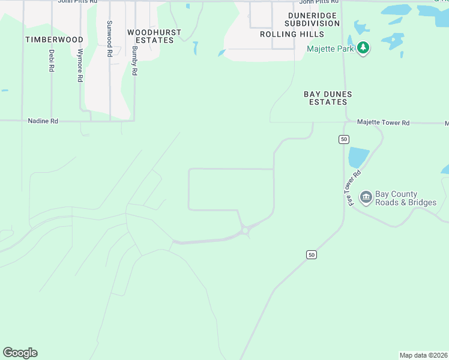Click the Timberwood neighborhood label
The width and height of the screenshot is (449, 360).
[54, 39]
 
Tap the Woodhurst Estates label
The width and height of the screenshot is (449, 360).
[150, 36]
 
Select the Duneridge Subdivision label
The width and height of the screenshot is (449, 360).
[313, 19]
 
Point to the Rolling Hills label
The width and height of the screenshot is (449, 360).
[292, 34]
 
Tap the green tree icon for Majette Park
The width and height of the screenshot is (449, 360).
[363, 47]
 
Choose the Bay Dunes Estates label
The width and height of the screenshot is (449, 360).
[327, 98]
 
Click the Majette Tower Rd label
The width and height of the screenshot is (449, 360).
[383, 122]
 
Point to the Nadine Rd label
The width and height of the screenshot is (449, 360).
[43, 121]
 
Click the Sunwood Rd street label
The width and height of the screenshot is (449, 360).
[109, 39]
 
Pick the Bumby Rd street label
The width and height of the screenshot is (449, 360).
[134, 61]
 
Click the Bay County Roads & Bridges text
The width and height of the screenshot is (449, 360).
[406, 198]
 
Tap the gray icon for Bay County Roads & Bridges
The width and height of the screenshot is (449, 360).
[365, 197]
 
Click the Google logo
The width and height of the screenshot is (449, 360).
[20, 353]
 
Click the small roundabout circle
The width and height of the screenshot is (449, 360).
[245, 230]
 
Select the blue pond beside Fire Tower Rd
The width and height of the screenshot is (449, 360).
[358, 157]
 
